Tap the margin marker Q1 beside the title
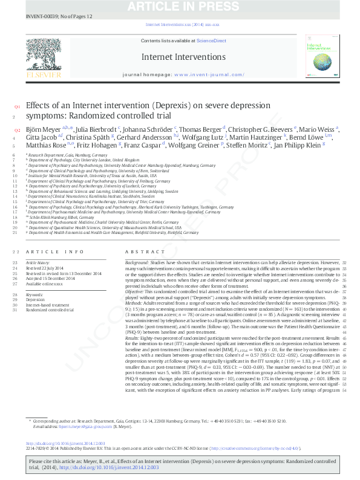[x=17, y=106]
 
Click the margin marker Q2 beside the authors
[x=17, y=130]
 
